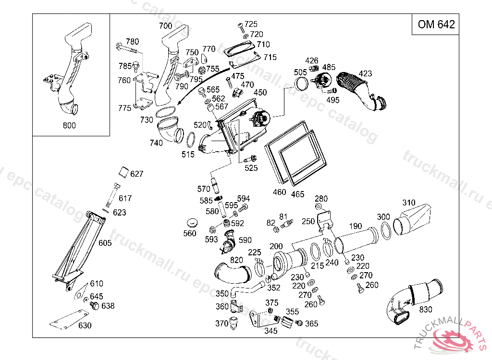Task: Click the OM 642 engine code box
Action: point(436,24)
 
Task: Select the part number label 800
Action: point(70,126)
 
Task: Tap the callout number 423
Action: point(365,74)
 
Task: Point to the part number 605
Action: point(105,243)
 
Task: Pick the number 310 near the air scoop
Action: point(409,203)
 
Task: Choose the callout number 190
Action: point(356,226)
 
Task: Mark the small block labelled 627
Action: point(123,171)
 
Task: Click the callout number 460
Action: point(279,192)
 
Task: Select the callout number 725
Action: point(251,24)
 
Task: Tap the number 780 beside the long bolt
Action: point(132,41)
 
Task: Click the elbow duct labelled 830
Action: point(413,298)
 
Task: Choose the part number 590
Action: point(245,240)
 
